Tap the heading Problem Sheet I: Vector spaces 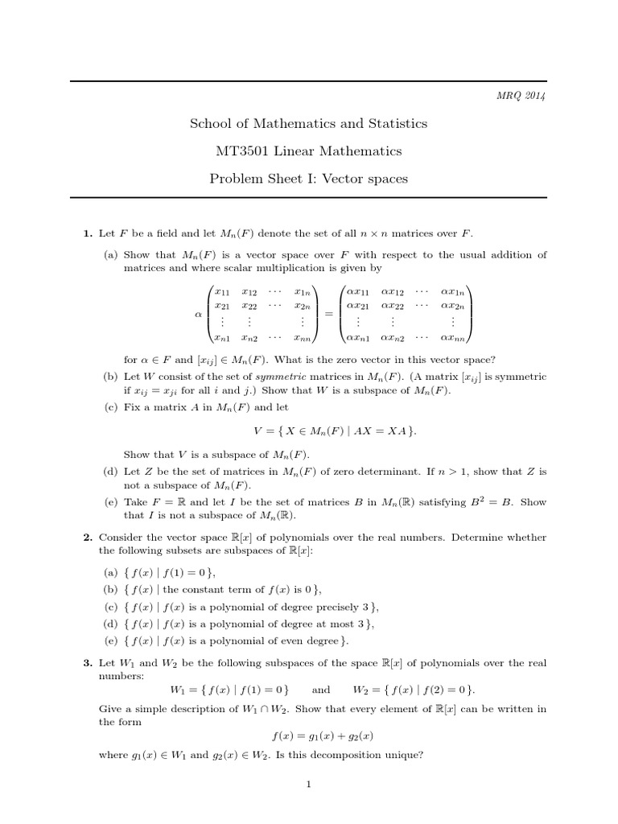(308, 179)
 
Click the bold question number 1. (88, 234)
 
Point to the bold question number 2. (88, 538)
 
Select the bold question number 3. (88, 663)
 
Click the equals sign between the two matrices (328, 314)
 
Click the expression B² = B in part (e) (483, 502)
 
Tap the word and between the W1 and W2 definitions (321, 690)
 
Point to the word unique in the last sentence (400, 755)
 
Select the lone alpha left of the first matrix (198, 315)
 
